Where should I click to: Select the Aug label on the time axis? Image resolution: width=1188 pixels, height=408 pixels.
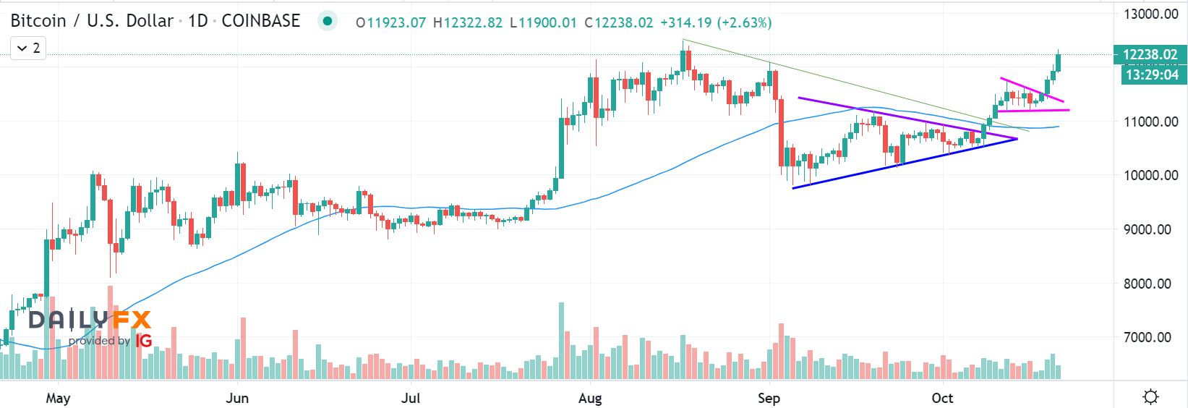[x=591, y=399]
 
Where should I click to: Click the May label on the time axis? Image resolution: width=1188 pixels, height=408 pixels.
[x=58, y=399]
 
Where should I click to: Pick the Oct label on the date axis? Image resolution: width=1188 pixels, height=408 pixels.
[x=942, y=399]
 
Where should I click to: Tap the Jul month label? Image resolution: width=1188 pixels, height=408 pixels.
[x=411, y=399]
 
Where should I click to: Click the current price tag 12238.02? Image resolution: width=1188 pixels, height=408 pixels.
[x=1150, y=54]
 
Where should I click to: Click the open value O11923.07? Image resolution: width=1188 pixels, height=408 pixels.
[x=390, y=23]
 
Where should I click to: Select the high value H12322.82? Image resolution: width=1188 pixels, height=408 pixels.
[x=467, y=23]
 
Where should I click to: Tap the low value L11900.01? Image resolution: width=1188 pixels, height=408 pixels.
[x=543, y=23]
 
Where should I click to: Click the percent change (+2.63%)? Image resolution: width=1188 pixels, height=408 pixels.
[x=744, y=23]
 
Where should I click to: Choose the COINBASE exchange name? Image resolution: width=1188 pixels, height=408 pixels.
[x=260, y=21]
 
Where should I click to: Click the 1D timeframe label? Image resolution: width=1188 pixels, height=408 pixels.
[x=198, y=21]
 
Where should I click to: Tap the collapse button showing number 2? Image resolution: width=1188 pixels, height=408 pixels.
[x=28, y=48]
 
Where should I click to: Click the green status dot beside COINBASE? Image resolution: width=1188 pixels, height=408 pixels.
[x=328, y=21]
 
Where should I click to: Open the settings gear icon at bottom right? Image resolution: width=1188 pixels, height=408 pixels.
[x=1150, y=396]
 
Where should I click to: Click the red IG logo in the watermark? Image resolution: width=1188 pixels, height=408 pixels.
[x=144, y=340]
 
